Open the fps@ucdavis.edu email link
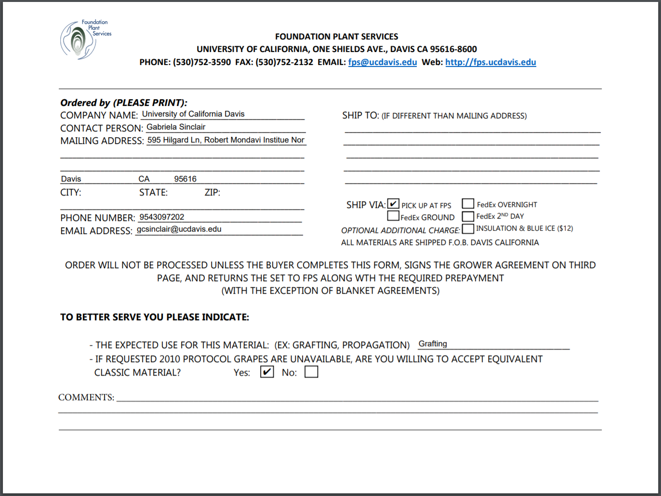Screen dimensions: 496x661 pos(383,62)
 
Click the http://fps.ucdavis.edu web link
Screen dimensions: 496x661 pos(490,62)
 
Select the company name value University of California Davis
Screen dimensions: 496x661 pos(193,114)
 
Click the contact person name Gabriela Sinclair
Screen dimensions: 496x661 pos(176,127)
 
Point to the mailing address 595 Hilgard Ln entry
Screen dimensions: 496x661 pos(225,140)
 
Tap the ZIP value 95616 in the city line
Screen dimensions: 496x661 pos(185,179)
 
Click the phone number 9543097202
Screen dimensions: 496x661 pos(162,217)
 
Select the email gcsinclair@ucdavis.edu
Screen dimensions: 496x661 pos(179,229)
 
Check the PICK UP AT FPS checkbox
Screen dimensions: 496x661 pos(393,204)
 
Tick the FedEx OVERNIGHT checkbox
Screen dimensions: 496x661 pos(468,204)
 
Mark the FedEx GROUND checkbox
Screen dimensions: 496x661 pos(393,216)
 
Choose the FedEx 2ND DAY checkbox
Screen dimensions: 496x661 pos(468,216)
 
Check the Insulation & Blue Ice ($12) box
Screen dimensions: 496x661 pos(468,228)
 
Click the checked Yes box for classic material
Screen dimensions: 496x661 pos(267,372)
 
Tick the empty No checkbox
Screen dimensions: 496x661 pos(311,372)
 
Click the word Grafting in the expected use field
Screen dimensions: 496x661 pos(433,344)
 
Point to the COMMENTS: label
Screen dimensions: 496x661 pos(86,397)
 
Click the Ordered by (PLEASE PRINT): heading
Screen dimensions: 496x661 pos(124,103)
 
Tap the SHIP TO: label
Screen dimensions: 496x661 pos(360,116)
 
